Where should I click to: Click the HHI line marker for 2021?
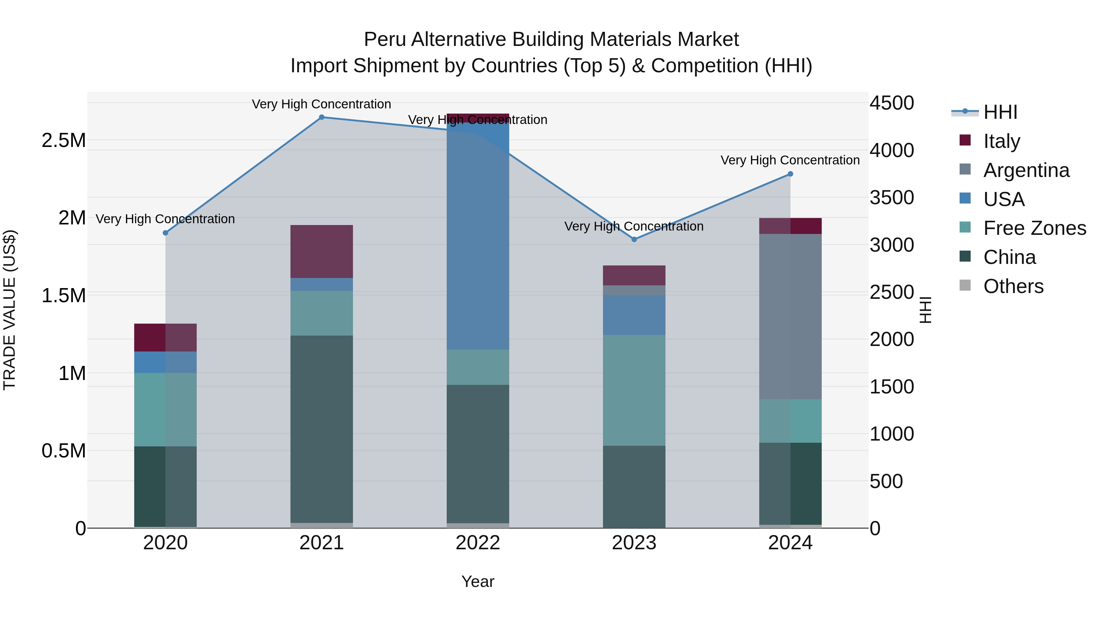[322, 117]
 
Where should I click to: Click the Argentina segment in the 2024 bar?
[790, 317]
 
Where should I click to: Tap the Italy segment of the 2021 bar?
[322, 252]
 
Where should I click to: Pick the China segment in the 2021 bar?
[322, 429]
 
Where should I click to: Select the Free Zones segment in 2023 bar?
[634, 390]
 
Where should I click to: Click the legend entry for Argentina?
[1026, 170]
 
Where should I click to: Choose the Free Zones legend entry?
[1034, 228]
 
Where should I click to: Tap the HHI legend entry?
[1000, 112]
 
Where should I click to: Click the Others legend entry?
[1013, 286]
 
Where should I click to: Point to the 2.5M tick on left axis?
[64, 140]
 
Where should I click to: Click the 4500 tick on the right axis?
[892, 103]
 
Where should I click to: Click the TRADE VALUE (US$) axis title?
[9, 310]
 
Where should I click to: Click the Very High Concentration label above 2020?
[165, 219]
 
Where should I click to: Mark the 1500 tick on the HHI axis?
[892, 387]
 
